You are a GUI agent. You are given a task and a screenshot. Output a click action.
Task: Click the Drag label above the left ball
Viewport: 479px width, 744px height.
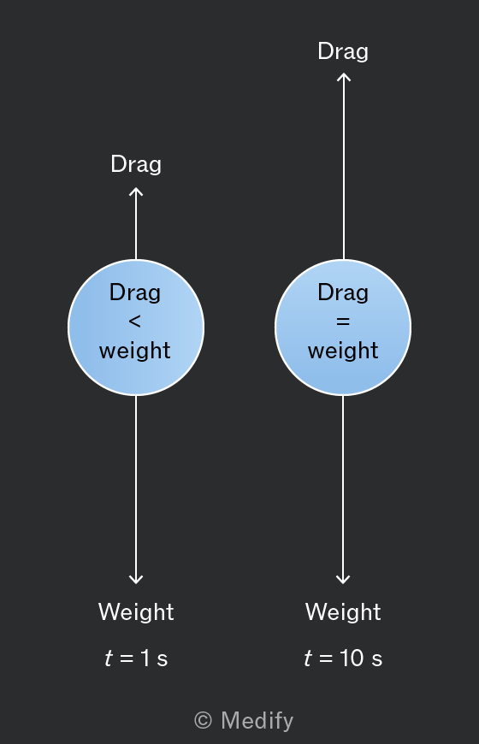click(136, 165)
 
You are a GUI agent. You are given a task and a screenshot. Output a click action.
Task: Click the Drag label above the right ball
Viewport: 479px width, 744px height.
click(343, 51)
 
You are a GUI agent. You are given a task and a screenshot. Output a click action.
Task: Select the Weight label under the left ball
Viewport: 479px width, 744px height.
click(136, 612)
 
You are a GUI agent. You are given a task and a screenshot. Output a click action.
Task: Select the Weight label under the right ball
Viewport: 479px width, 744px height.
click(343, 612)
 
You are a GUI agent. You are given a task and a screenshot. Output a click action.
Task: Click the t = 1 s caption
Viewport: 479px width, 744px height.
click(136, 658)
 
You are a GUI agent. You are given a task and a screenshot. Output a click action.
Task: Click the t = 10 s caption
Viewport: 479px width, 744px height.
click(343, 658)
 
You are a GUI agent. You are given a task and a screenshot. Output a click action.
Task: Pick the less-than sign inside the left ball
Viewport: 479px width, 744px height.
click(135, 322)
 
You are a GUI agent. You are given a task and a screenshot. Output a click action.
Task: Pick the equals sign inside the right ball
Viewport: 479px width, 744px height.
click(343, 322)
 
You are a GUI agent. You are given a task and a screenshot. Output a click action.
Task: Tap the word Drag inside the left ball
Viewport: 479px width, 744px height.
click(135, 292)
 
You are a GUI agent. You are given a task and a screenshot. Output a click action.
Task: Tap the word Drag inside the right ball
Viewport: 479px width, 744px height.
click(343, 292)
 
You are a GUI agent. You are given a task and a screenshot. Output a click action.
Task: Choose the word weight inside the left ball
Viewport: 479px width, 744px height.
click(135, 351)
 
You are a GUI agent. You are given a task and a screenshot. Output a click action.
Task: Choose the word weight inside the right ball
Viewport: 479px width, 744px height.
click(343, 351)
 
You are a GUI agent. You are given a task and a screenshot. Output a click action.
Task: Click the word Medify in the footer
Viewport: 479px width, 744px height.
click(257, 721)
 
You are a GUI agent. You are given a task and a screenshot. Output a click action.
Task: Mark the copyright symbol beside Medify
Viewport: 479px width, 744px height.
click(204, 721)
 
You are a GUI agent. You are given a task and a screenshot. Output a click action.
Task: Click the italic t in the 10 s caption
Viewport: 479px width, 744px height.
click(308, 658)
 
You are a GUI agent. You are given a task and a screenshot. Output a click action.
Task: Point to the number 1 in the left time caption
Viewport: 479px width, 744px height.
click(145, 658)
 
